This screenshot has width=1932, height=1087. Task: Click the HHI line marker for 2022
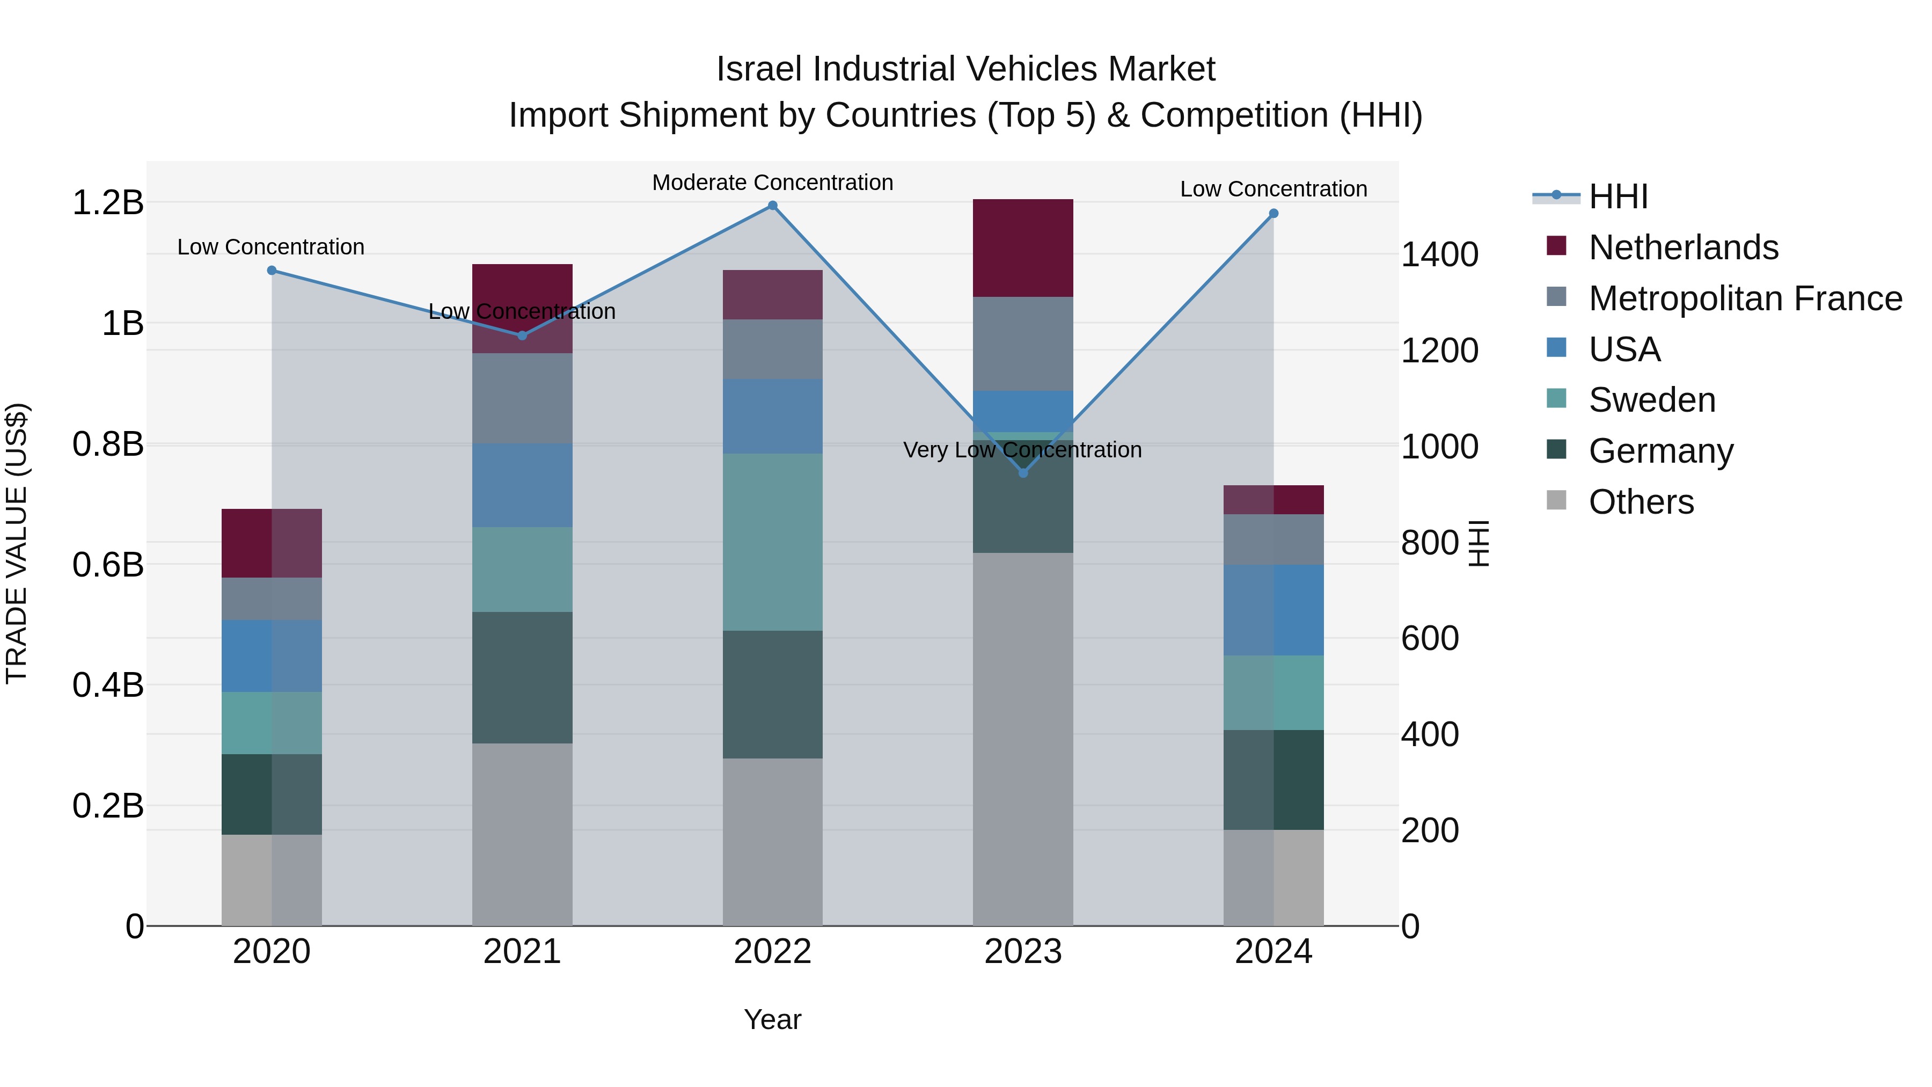click(x=772, y=206)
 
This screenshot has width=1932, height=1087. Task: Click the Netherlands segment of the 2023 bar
click(x=1023, y=247)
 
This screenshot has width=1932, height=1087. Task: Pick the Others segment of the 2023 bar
click(x=1023, y=739)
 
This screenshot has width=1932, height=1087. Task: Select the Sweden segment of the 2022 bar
click(x=772, y=542)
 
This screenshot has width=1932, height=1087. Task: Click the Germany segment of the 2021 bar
click(x=522, y=677)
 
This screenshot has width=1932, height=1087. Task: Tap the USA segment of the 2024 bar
click(x=1274, y=610)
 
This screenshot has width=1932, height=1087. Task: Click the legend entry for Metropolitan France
click(x=1745, y=298)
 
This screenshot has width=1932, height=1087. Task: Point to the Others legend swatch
click(x=1556, y=500)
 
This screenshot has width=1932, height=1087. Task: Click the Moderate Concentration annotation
click(x=772, y=183)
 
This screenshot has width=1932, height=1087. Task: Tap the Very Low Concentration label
click(x=1022, y=450)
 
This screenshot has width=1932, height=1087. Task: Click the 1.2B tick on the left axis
click(x=108, y=202)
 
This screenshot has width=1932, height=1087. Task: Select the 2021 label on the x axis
click(x=522, y=952)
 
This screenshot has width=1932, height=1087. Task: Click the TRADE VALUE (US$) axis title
click(x=17, y=543)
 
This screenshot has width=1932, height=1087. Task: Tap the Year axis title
click(x=772, y=1019)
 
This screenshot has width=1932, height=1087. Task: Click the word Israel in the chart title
click(x=759, y=70)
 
